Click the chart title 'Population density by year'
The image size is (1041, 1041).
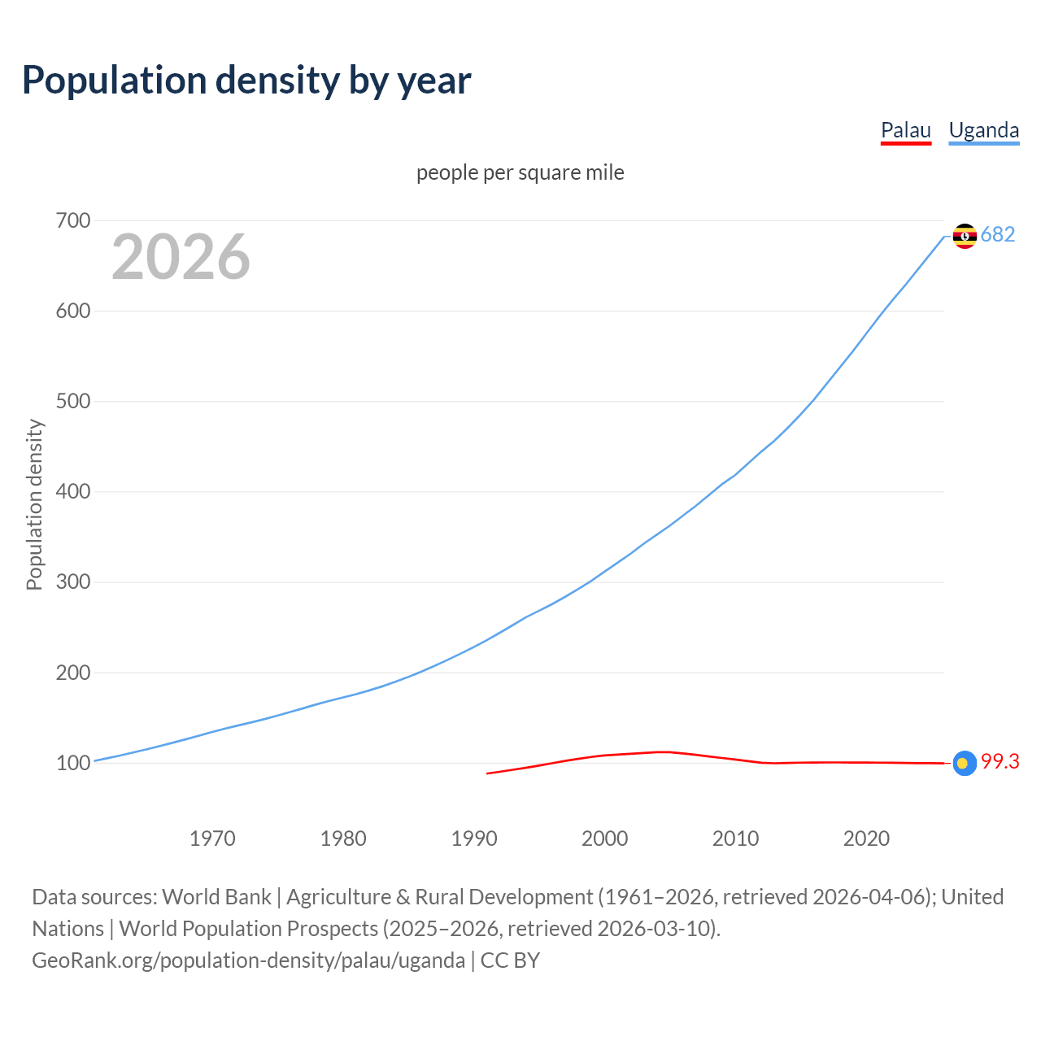(246, 80)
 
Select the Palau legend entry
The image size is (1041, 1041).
(905, 130)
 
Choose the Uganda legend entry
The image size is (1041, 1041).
(983, 130)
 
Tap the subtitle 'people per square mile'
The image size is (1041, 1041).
(520, 172)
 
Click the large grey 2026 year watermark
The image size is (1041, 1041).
(181, 257)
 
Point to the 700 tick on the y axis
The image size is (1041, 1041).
(73, 220)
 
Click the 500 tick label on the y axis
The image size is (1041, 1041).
(73, 401)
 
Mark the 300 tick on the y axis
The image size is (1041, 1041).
(73, 582)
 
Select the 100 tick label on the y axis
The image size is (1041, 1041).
(73, 763)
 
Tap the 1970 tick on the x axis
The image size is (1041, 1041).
(212, 838)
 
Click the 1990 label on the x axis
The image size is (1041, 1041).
(474, 838)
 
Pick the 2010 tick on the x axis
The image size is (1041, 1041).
(735, 838)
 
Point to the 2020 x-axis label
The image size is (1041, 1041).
(866, 838)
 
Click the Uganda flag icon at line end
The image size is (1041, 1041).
(965, 236)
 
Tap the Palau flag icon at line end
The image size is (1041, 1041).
(965, 763)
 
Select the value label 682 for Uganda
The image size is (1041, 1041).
(998, 234)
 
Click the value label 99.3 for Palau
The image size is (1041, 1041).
(1000, 761)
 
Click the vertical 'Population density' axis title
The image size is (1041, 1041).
(34, 504)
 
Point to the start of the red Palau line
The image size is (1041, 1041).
(488, 773)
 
